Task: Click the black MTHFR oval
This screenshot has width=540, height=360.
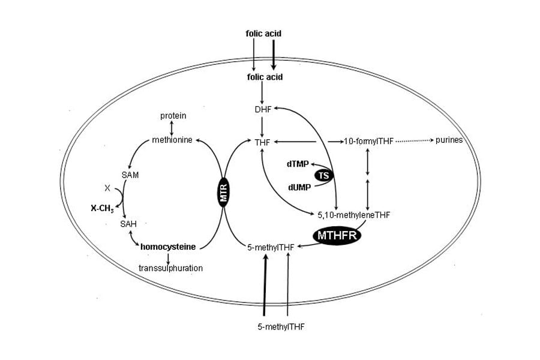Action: coord(337,235)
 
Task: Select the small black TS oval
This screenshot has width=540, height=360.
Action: coord(324,176)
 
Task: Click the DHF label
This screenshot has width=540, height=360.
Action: coord(263,110)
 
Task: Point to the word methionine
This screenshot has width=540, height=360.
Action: coord(172,140)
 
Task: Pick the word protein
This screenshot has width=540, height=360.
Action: coord(173,115)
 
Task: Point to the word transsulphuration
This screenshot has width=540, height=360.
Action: coord(170,268)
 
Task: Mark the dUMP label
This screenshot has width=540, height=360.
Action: coord(299,187)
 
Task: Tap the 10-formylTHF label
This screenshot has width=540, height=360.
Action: coord(367,142)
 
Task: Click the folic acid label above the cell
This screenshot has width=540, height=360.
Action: coord(263,34)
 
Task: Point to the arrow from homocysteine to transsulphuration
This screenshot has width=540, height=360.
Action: coord(168,257)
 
